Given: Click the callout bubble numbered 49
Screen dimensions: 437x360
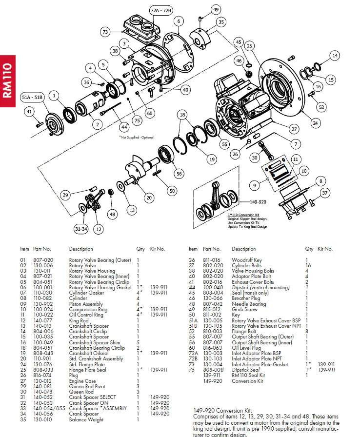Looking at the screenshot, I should pyautogui.click(x=216, y=9).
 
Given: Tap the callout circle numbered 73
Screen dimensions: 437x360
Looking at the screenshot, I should pyautogui.click(x=105, y=32).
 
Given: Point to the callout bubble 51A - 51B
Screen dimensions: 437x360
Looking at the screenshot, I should pyautogui.click(x=32, y=98).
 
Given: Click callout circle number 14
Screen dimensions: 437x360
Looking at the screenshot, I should pyautogui.click(x=334, y=56).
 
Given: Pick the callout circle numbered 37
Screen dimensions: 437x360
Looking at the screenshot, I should pyautogui.click(x=325, y=193).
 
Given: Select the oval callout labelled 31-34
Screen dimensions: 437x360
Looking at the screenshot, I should pyautogui.click(x=81, y=229).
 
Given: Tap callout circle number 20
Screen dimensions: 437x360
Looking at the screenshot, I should pyautogui.click(x=149, y=198).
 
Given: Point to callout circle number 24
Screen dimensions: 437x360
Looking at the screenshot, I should pyautogui.click(x=315, y=123).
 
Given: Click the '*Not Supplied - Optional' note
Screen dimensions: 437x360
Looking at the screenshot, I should pyautogui.click(x=136, y=138).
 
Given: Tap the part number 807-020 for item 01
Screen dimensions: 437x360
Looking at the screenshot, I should pyautogui.click(x=43, y=260).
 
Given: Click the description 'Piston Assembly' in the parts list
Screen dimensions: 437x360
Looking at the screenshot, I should pyautogui.click(x=86, y=303).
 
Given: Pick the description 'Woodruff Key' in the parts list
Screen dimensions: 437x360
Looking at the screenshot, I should pyautogui.click(x=246, y=260).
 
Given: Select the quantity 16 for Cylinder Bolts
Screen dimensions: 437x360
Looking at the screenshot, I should pyautogui.click(x=308, y=265).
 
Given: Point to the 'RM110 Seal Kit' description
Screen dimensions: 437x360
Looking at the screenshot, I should pyautogui.click(x=248, y=375).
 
